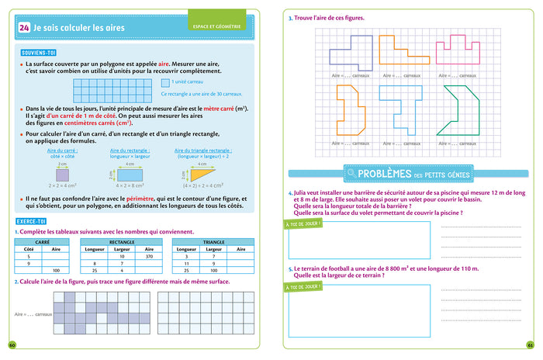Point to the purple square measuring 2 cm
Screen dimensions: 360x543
(x=62, y=175)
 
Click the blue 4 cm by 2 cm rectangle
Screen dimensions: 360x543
(x=130, y=175)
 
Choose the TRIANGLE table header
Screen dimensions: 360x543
(x=213, y=241)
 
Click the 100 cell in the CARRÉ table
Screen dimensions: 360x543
(x=56, y=269)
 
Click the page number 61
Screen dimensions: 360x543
(x=530, y=345)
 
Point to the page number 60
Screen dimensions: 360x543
(x=12, y=345)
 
